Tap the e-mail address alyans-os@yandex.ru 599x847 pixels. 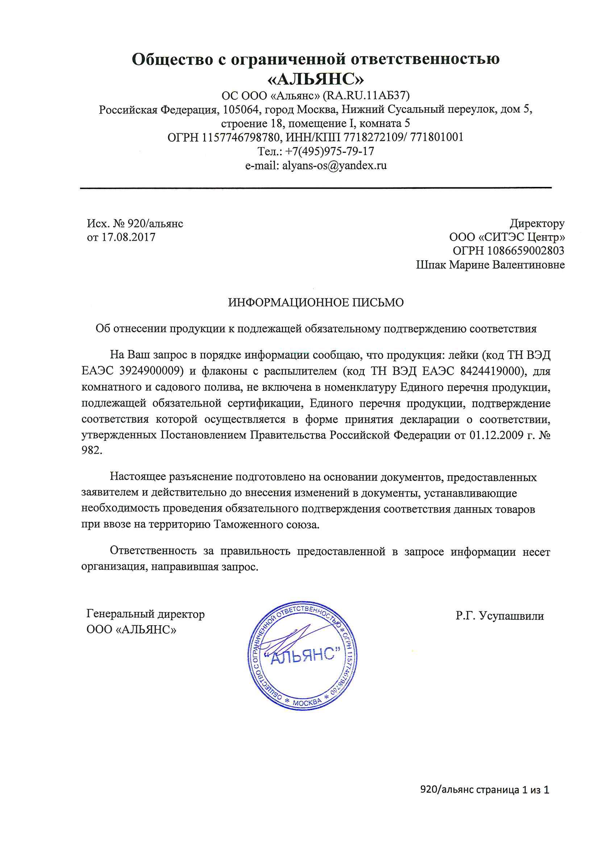[x=334, y=165]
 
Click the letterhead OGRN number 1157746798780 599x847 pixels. [x=240, y=137]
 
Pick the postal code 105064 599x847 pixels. [x=241, y=109]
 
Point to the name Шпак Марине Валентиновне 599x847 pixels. [x=490, y=265]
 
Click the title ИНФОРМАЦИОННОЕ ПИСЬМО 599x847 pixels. [x=316, y=302]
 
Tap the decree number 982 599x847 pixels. [x=91, y=451]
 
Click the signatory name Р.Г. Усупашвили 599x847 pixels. [x=500, y=616]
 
